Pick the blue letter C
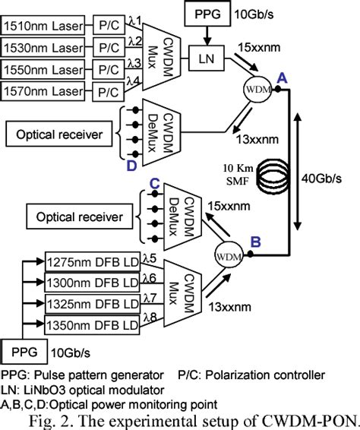pos(153,184)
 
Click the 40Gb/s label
pos(332,179)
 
